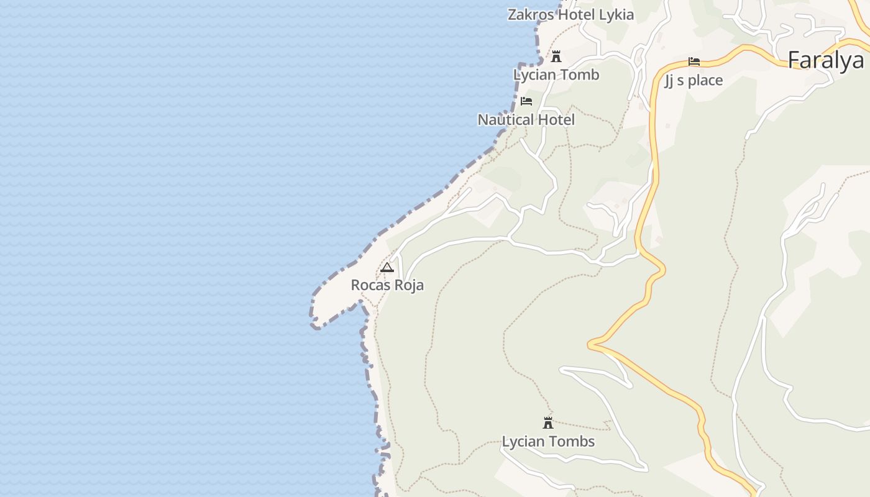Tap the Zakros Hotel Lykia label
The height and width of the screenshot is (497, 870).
click(570, 15)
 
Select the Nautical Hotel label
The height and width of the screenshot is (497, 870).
click(526, 119)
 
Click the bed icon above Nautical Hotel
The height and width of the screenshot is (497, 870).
click(526, 101)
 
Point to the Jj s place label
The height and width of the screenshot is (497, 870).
click(694, 80)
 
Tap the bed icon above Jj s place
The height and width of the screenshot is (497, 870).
click(694, 62)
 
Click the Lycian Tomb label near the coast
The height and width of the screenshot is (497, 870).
click(556, 75)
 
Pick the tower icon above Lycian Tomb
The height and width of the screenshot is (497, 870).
click(556, 57)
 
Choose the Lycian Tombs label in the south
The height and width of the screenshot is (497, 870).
click(548, 442)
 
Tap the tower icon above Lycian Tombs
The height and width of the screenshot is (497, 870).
click(548, 423)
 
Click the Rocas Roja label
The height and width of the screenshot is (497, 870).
click(387, 285)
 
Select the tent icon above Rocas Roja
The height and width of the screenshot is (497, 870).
click(387, 268)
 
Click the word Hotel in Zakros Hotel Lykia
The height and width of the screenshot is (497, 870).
click(576, 15)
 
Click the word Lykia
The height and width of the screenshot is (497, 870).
click(616, 15)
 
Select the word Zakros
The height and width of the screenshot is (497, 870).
click(530, 15)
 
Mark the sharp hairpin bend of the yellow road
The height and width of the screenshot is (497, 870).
click(591, 344)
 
